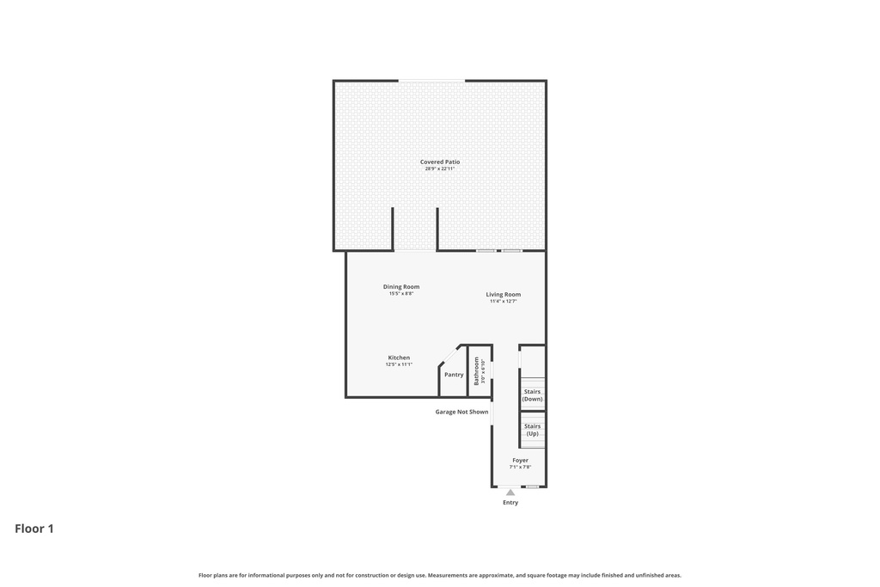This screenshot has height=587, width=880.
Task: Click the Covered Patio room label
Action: coord(439,162)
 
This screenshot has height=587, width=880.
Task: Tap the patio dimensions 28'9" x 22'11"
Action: coord(439,168)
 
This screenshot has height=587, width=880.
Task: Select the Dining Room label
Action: coord(401,286)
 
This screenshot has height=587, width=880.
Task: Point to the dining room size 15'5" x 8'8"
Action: coord(401,294)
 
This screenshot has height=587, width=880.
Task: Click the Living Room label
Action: coord(503,294)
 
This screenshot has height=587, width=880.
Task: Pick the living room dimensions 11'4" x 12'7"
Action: coord(503,302)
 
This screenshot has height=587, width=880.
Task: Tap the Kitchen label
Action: coord(399,358)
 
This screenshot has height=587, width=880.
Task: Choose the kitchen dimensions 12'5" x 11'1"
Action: coord(399,364)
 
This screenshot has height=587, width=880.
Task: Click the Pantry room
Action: coord(454,375)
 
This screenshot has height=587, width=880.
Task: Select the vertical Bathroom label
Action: coord(476,370)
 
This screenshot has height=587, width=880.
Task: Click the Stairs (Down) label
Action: coord(532,395)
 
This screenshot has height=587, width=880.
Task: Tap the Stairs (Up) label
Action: coord(532,430)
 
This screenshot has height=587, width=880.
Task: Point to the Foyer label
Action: coord(520,460)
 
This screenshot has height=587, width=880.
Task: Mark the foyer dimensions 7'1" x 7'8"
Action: coord(520,468)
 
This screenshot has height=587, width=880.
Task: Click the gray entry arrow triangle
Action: coord(510,492)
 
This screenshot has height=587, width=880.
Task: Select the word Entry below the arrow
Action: coord(510,503)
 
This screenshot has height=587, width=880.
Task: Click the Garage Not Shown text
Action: coord(461,412)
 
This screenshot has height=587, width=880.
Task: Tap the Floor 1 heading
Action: coord(34,529)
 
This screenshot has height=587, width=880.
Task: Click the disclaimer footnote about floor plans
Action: coord(439,575)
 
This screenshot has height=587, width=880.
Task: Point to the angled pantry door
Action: coord(449,355)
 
